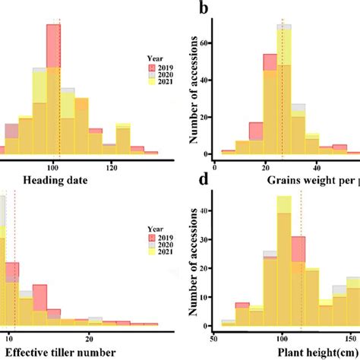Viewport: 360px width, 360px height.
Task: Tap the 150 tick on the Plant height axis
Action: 352,339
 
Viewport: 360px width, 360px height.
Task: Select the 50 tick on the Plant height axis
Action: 216,339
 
